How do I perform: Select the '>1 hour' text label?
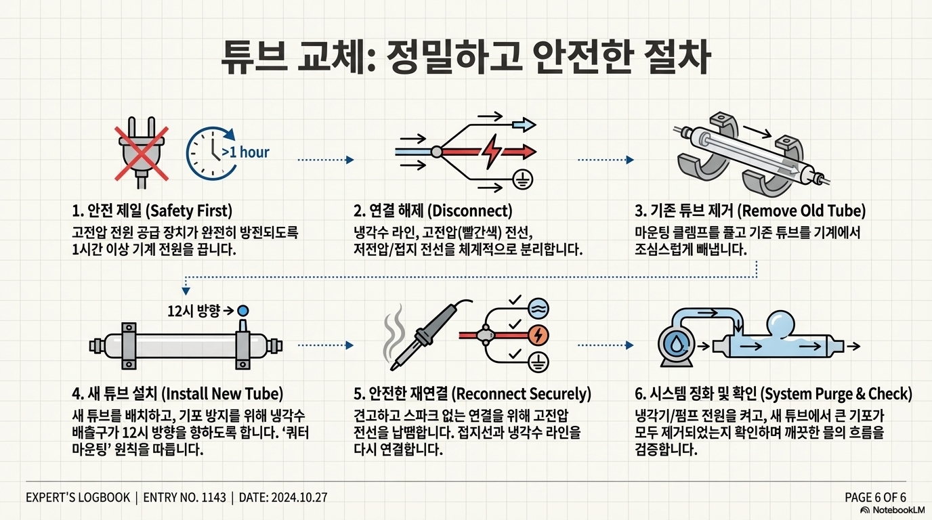pyautogui.click(x=245, y=152)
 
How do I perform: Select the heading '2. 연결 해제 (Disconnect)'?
pyautogui.click(x=433, y=210)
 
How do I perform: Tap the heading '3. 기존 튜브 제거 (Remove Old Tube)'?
pyautogui.click(x=750, y=210)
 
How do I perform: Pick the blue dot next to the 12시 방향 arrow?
pyautogui.click(x=243, y=311)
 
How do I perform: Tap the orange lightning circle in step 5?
pyautogui.click(x=538, y=334)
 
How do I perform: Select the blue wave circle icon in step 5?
pyautogui.click(x=538, y=309)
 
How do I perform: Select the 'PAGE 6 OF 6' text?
pyautogui.click(x=875, y=497)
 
